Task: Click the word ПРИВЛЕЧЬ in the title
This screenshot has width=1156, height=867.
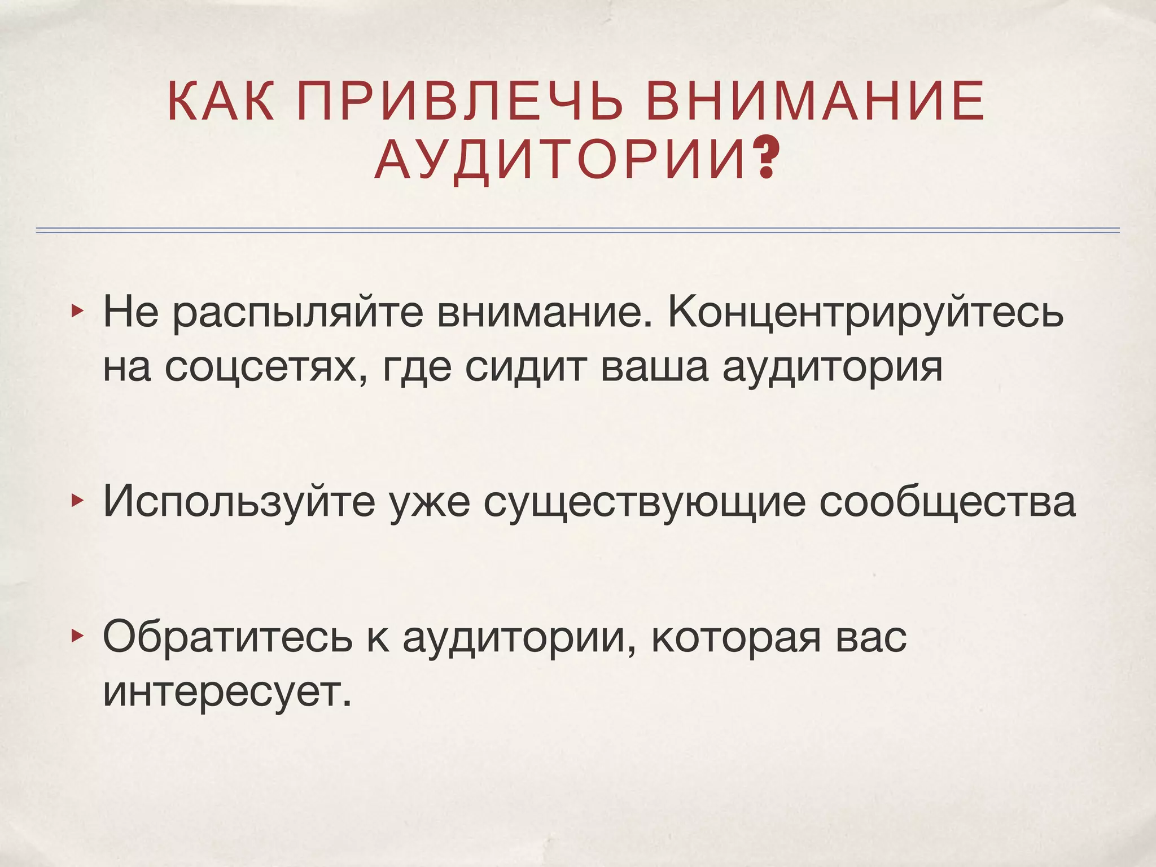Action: point(460,102)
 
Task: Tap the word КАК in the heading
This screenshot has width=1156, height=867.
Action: point(220,102)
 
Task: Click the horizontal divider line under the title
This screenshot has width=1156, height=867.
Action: point(578,230)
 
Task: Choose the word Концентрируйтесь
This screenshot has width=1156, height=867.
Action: point(865,313)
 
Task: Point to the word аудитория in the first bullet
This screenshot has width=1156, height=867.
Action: point(833,368)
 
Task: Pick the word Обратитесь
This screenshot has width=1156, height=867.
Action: point(227,637)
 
